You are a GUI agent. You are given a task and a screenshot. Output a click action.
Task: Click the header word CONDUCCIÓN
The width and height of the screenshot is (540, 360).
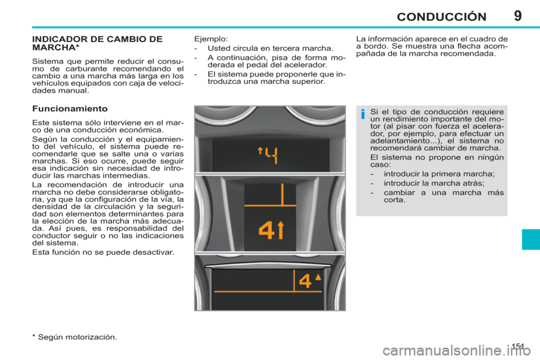pyautogui.click(x=440, y=16)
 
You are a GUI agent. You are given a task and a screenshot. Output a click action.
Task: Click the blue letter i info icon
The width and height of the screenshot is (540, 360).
pyautogui.click(x=363, y=115)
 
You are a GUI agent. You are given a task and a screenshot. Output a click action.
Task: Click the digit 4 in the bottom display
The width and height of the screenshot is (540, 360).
pyautogui.click(x=304, y=281)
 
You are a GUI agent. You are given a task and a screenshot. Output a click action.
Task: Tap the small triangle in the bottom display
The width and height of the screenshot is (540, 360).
pyautogui.click(x=318, y=277)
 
